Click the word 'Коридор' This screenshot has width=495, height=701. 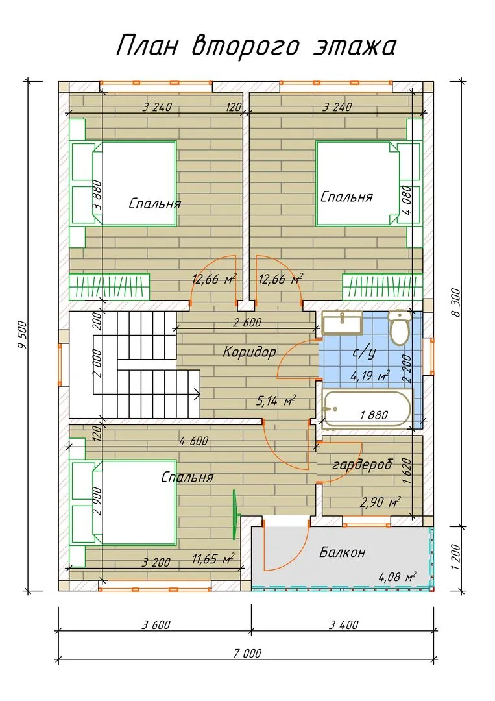(249, 352)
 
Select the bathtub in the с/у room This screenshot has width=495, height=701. (367, 408)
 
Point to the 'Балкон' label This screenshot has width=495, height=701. (342, 552)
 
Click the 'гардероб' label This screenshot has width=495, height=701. (362, 465)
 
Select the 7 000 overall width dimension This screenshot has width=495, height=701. (247, 654)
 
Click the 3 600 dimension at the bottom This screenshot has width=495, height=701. (156, 625)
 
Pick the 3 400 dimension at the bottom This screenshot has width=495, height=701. (344, 625)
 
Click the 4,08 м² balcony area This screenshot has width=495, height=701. (397, 576)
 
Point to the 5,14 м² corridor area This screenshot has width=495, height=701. (276, 400)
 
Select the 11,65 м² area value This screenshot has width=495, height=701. (213, 559)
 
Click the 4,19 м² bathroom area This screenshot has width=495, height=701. (370, 376)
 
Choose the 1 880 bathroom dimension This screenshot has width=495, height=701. (374, 415)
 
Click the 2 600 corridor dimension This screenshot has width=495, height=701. (247, 323)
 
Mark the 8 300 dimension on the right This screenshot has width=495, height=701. (455, 302)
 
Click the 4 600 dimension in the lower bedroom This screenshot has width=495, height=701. (194, 441)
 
